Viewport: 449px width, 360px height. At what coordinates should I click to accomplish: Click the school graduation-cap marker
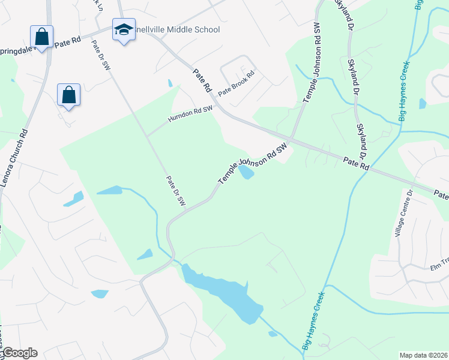pos(123,30)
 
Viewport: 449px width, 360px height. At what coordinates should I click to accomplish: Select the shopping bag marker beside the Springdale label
pos(42,37)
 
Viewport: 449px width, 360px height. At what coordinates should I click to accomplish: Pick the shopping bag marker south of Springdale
pos(69,95)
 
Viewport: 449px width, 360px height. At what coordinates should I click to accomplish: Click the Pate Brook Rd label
pos(237,84)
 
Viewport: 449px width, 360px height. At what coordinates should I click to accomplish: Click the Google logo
pos(19,353)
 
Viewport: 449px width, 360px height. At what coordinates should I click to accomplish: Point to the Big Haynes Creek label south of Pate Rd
pos(313,320)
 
